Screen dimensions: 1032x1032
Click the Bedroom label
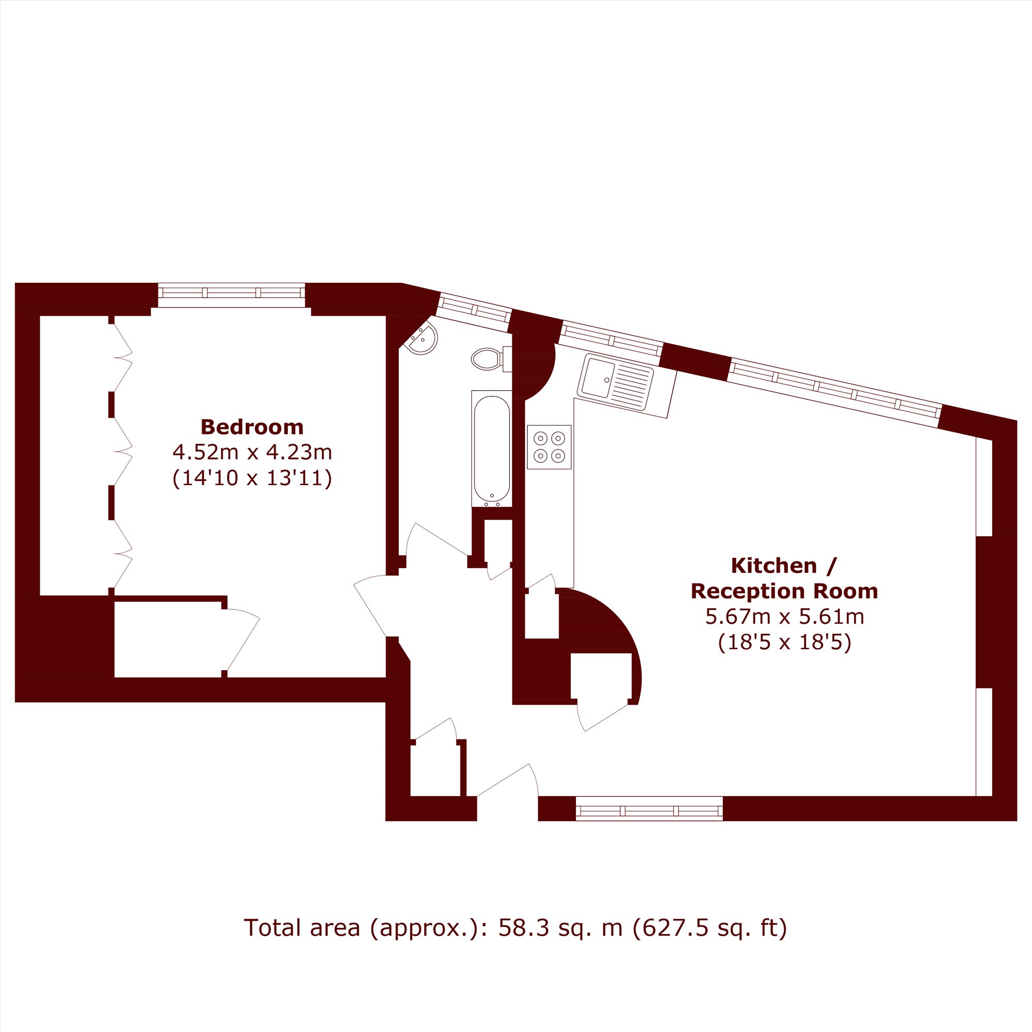(x=252, y=427)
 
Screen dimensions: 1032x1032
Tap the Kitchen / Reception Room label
(x=784, y=578)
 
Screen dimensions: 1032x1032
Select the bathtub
(x=491, y=449)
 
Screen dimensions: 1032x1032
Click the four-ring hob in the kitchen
(x=549, y=447)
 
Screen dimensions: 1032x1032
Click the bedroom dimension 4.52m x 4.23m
(x=252, y=453)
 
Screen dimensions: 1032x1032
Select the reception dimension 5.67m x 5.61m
(x=785, y=617)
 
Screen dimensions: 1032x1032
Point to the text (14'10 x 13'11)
(x=252, y=478)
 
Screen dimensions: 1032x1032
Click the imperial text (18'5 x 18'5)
(x=785, y=642)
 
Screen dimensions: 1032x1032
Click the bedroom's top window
(x=231, y=295)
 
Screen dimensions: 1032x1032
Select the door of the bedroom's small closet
(x=241, y=639)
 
